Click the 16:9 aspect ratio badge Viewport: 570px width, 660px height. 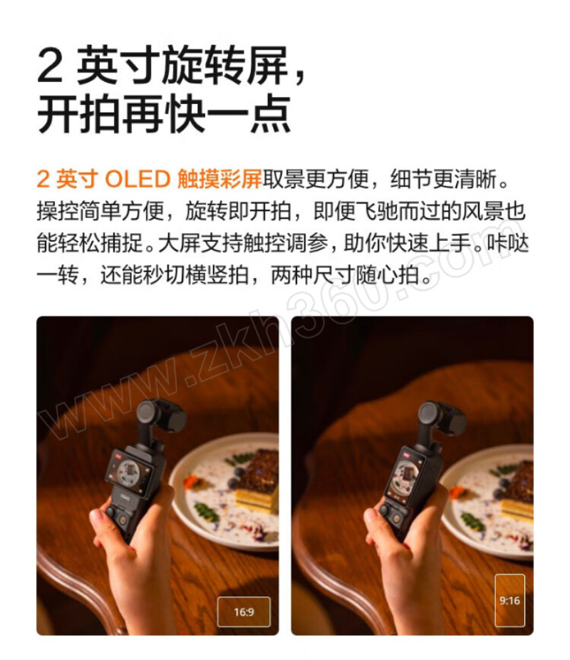tap(244, 611)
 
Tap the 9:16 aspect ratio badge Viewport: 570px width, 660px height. tap(510, 600)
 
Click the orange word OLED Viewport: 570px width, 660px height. tap(138, 179)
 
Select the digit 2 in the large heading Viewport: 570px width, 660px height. tap(50, 66)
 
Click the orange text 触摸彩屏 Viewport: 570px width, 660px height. tap(219, 179)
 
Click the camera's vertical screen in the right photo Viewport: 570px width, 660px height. tap(405, 475)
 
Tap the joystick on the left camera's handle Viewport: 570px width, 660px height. tap(110, 512)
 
